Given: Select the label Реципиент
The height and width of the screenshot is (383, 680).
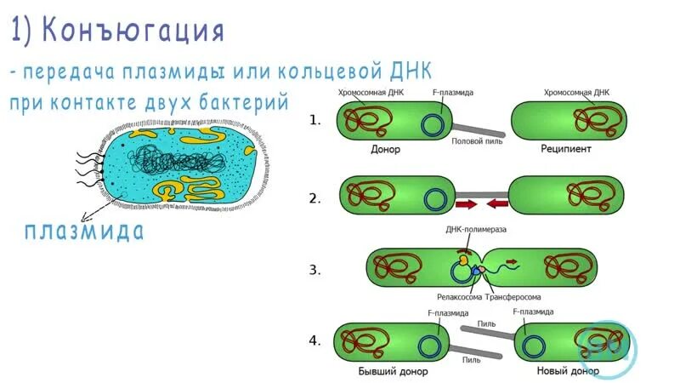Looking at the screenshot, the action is click(x=566, y=149).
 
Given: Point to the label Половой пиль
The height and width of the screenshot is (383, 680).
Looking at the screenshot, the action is click(x=477, y=141).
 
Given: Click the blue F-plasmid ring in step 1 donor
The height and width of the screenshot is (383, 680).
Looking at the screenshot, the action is click(x=434, y=124).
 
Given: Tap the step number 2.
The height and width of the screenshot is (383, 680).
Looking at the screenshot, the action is click(x=314, y=199).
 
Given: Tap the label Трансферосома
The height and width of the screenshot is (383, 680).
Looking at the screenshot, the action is click(x=513, y=297).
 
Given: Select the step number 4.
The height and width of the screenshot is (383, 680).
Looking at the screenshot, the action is click(x=314, y=340).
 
